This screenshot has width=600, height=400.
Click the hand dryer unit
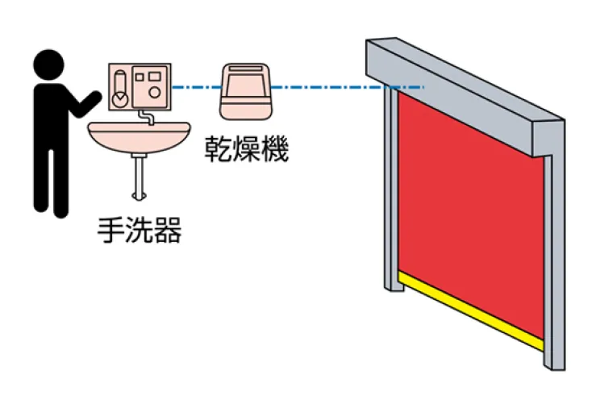(245, 90)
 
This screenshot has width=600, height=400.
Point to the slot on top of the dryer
(245, 69)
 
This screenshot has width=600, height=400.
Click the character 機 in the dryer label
(275, 150)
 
